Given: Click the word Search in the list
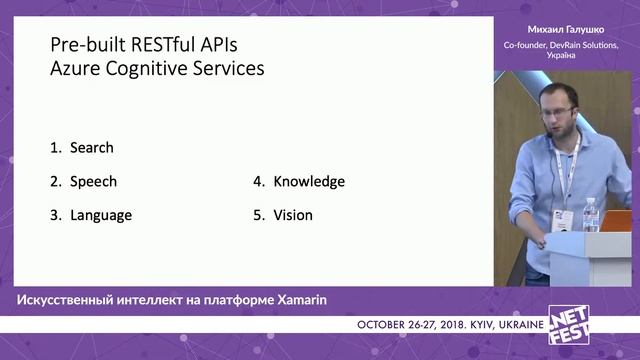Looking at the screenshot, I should pyautogui.click(x=91, y=148).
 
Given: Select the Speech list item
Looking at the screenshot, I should pyautogui.click(x=93, y=182).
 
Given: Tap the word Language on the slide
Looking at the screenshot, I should pyautogui.click(x=100, y=215).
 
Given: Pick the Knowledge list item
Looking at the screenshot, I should pyautogui.click(x=309, y=182).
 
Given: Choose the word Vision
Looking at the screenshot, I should pyautogui.click(x=293, y=215).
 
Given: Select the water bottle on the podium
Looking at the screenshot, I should pyautogui.click(x=591, y=214).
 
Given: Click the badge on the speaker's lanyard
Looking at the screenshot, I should pyautogui.click(x=564, y=217).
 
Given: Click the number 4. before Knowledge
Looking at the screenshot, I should pyautogui.click(x=258, y=182).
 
